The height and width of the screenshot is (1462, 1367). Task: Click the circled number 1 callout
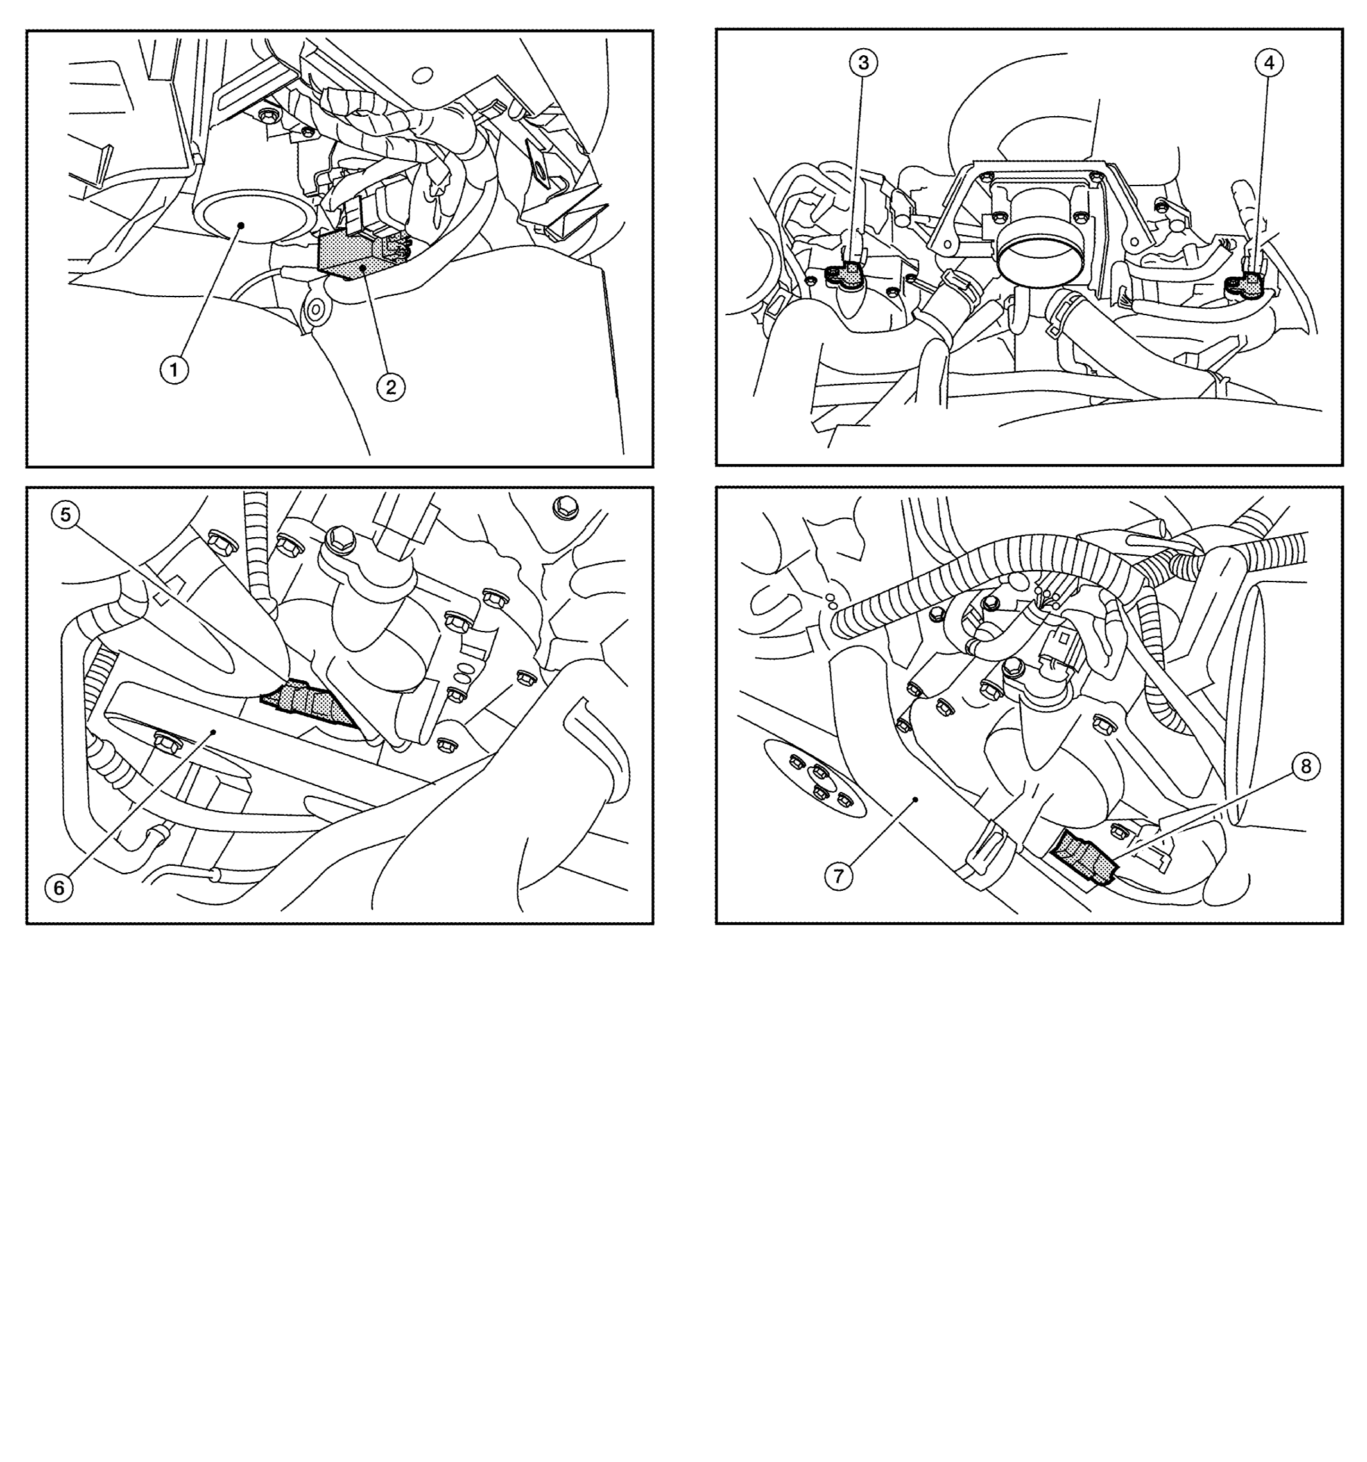[175, 370]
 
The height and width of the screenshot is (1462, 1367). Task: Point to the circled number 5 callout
[65, 515]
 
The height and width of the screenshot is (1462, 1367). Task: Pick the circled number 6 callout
[59, 888]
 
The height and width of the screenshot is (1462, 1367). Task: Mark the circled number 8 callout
[1305, 767]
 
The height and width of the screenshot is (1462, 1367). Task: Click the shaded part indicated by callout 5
[309, 702]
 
